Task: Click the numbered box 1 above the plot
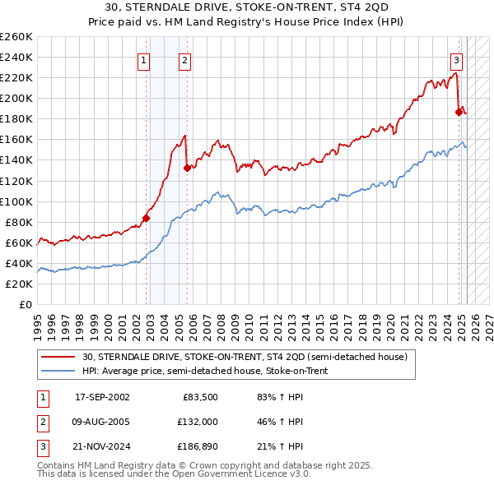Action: (144, 59)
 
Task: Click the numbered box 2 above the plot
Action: (184, 59)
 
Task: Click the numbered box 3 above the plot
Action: (456, 59)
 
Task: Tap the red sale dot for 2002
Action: (146, 218)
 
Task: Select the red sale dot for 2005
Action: (187, 168)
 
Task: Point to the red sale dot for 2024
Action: (459, 112)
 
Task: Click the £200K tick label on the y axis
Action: (16, 98)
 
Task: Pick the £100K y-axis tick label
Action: (16, 201)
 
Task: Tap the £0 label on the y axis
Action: (25, 304)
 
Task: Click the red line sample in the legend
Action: (58, 358)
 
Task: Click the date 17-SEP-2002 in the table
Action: (102, 397)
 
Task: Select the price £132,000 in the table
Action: (198, 423)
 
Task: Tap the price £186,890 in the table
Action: (198, 448)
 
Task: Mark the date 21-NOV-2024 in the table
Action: (102, 448)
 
